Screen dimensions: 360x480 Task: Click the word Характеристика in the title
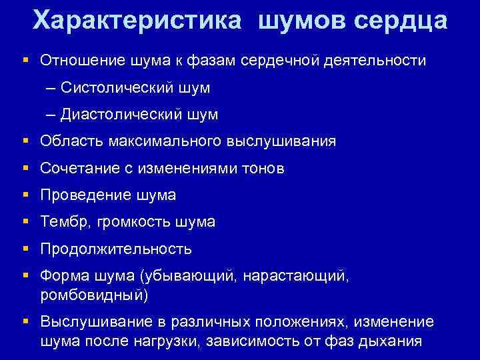137,20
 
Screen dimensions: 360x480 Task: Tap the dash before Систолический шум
51,88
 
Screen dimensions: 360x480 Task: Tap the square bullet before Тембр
25,222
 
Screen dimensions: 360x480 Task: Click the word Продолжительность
116,249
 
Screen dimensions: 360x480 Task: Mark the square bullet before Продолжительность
25,249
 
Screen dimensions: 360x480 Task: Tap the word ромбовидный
91,293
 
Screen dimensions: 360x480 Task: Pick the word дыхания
387,341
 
